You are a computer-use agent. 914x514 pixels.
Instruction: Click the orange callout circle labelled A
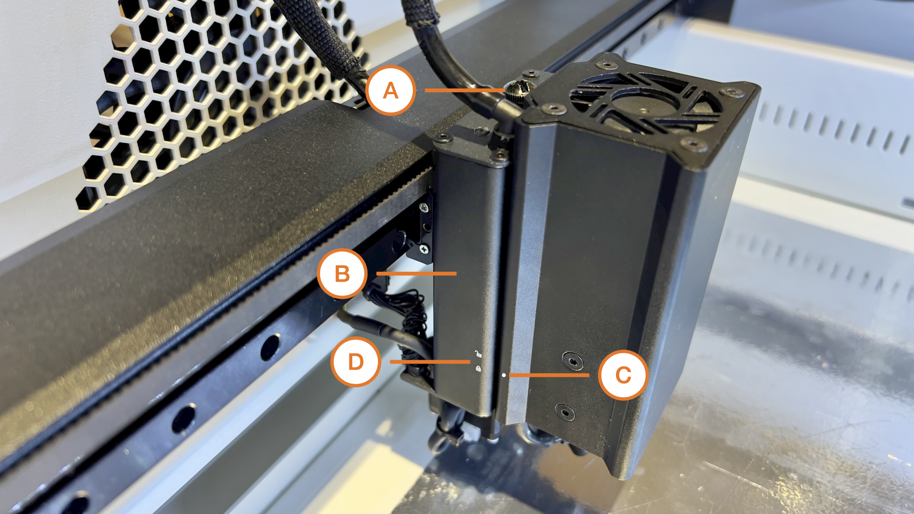tap(390, 90)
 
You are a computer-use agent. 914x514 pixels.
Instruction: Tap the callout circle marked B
tap(342, 274)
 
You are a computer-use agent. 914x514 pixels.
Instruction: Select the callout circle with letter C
tap(623, 375)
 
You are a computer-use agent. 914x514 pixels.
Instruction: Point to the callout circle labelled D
tap(356, 362)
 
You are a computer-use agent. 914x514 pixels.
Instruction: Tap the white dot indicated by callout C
tap(504, 375)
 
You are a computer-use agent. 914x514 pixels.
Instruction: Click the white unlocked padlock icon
tap(477, 354)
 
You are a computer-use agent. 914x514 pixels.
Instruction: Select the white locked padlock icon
tap(477, 368)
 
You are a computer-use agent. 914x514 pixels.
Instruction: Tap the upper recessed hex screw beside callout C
tap(573, 361)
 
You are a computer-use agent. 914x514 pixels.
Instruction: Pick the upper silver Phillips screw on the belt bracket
tap(423, 208)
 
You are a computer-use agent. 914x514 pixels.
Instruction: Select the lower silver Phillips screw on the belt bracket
tap(424, 248)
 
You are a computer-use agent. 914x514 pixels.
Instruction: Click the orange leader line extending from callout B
tap(417, 274)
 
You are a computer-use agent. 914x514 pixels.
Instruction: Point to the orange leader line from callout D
tap(430, 362)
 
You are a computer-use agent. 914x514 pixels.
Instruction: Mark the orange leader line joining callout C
tap(549, 375)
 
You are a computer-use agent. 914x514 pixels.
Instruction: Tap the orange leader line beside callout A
tap(465, 90)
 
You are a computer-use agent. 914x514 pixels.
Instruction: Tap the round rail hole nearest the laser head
tap(270, 347)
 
